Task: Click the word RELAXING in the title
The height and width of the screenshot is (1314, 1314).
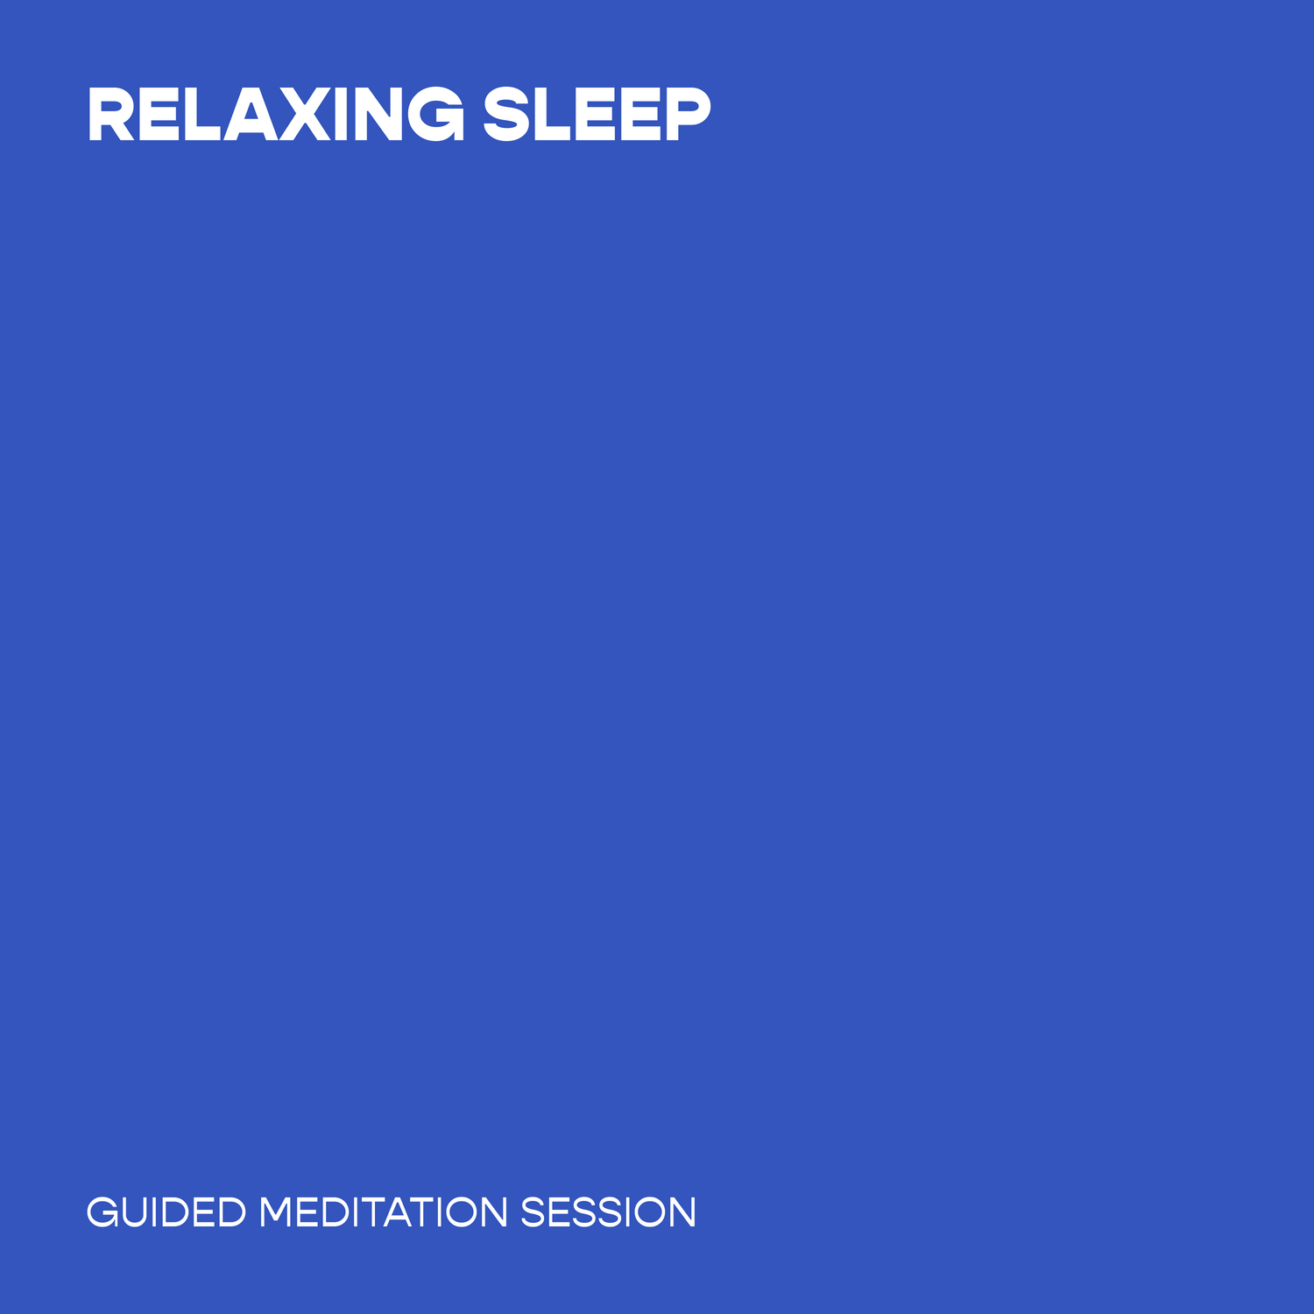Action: (276, 114)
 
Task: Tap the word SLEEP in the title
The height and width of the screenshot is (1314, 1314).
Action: (597, 114)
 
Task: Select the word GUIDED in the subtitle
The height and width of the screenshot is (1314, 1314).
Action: (166, 1213)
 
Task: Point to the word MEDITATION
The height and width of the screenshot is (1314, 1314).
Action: (383, 1213)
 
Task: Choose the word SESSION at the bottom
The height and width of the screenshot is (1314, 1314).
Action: (608, 1213)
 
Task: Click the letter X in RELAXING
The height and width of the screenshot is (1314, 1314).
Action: (305, 114)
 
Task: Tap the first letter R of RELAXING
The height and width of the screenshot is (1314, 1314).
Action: (111, 114)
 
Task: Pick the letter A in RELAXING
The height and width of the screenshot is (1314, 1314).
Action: (251, 114)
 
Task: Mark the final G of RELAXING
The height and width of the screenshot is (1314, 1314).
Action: (432, 114)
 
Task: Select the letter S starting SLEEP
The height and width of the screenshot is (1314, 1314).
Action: (507, 114)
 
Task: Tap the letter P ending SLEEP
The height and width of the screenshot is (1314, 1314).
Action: (688, 114)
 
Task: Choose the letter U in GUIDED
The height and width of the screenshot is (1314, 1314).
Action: (136, 1213)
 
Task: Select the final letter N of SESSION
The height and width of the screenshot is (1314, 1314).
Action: (682, 1213)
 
